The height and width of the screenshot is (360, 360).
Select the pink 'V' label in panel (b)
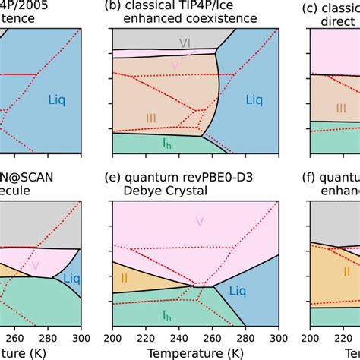[x=175, y=65]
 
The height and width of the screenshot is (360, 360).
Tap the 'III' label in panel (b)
[x=151, y=118]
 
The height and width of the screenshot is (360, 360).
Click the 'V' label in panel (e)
[x=199, y=222]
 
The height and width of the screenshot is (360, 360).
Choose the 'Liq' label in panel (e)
[x=238, y=290]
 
